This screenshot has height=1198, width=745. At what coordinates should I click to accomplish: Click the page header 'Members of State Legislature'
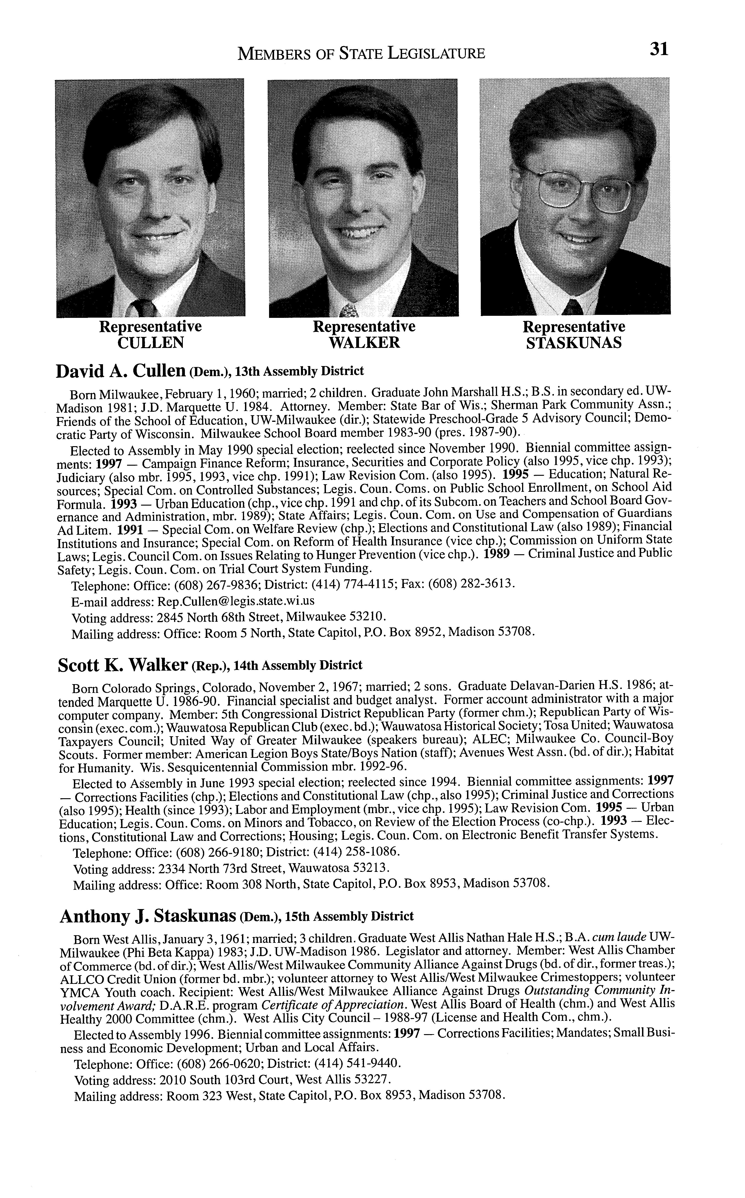tap(361, 53)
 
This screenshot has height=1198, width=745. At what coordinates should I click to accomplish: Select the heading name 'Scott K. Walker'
tap(123, 666)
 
